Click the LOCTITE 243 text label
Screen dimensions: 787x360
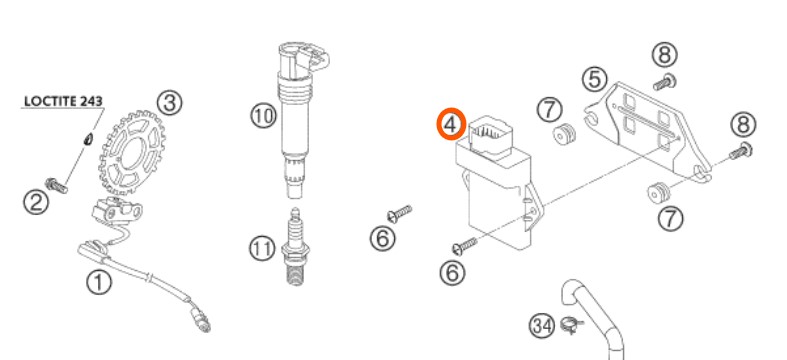point(63,101)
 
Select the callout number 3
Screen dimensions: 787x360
point(169,102)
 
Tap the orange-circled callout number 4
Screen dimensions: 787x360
point(451,124)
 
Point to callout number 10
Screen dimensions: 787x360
point(264,116)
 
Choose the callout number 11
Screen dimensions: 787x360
point(262,249)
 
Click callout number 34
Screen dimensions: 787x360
point(543,325)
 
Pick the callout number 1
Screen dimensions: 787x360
point(99,282)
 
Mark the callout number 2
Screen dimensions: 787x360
point(36,202)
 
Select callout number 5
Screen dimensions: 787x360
point(595,79)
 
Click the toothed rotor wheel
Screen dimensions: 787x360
point(132,152)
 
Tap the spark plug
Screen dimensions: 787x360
point(296,247)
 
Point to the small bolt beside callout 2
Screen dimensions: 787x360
point(56,185)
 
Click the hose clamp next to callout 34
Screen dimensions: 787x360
point(572,327)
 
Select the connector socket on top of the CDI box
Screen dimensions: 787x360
point(490,134)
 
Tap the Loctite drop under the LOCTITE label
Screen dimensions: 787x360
point(87,138)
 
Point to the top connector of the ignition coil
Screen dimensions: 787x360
point(303,57)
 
